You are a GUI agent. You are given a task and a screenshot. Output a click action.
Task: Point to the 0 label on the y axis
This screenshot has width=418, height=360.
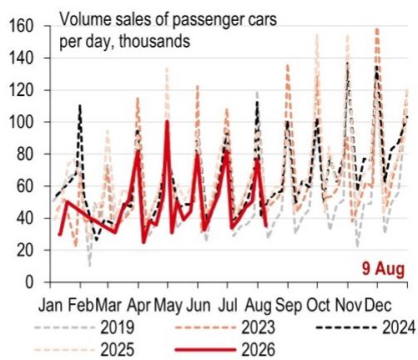pyautogui.click(x=29, y=282)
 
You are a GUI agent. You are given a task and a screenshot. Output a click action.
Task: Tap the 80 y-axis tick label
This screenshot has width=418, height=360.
pyautogui.click(x=25, y=155)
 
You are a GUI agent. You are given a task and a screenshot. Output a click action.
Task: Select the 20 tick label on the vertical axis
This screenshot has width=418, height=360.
pyautogui.click(x=25, y=251)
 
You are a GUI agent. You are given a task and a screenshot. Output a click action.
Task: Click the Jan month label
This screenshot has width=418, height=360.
pyautogui.click(x=51, y=305)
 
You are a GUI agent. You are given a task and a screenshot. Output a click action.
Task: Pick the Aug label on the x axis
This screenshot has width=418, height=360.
pyautogui.click(x=258, y=306)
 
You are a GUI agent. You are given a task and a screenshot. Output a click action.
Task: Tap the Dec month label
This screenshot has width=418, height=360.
pyautogui.click(x=378, y=305)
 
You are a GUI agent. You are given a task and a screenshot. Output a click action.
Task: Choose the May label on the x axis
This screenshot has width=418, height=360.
pyautogui.click(x=169, y=306)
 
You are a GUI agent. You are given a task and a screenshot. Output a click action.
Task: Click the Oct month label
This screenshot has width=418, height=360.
pyautogui.click(x=318, y=305)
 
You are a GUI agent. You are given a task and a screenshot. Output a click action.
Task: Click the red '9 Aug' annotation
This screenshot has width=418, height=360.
pyautogui.click(x=383, y=269)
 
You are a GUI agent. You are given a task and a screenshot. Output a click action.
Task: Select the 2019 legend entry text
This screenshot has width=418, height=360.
pyautogui.click(x=118, y=327)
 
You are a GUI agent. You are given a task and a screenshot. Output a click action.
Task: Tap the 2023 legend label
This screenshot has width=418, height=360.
pyautogui.click(x=259, y=327)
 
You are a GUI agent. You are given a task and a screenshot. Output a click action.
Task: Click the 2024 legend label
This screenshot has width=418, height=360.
pyautogui.click(x=399, y=327)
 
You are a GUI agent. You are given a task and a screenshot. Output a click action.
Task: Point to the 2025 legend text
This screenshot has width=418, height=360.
pyautogui.click(x=118, y=349)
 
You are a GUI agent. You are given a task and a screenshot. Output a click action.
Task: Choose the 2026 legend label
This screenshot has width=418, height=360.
pyautogui.click(x=259, y=349)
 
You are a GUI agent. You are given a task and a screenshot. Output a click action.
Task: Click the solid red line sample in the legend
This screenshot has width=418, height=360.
pyautogui.click(x=206, y=349)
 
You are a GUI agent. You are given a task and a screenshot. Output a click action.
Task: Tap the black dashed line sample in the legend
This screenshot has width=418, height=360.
pyautogui.click(x=346, y=327)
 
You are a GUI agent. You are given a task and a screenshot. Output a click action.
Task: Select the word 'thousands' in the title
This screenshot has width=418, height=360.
pyautogui.click(x=154, y=41)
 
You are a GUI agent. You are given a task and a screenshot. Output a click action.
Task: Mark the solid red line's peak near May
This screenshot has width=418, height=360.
pyautogui.click(x=167, y=120)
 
